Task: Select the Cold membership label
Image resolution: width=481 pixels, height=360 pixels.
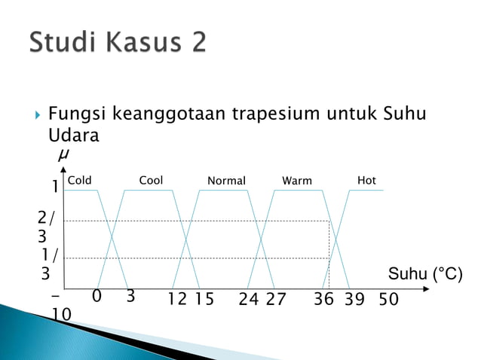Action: pos(79,181)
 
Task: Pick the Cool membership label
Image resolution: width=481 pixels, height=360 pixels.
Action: pos(151,181)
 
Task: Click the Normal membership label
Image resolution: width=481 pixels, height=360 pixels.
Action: pos(226,181)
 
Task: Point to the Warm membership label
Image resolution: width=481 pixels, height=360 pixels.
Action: pos(297,181)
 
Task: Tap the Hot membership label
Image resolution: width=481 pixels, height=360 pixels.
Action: pos(366,181)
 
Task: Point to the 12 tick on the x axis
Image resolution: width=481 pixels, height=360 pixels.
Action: pos(178,299)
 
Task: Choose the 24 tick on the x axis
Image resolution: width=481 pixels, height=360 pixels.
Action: pos(249,299)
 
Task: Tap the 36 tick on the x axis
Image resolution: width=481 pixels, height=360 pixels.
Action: pos(324,299)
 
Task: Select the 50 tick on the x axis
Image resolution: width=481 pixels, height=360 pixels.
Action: pos(389,299)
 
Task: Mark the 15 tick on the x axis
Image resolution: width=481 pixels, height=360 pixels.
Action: pos(204,299)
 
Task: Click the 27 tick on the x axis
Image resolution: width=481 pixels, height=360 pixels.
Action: pos(276,299)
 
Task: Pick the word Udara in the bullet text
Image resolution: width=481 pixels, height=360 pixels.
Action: pos(73,136)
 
